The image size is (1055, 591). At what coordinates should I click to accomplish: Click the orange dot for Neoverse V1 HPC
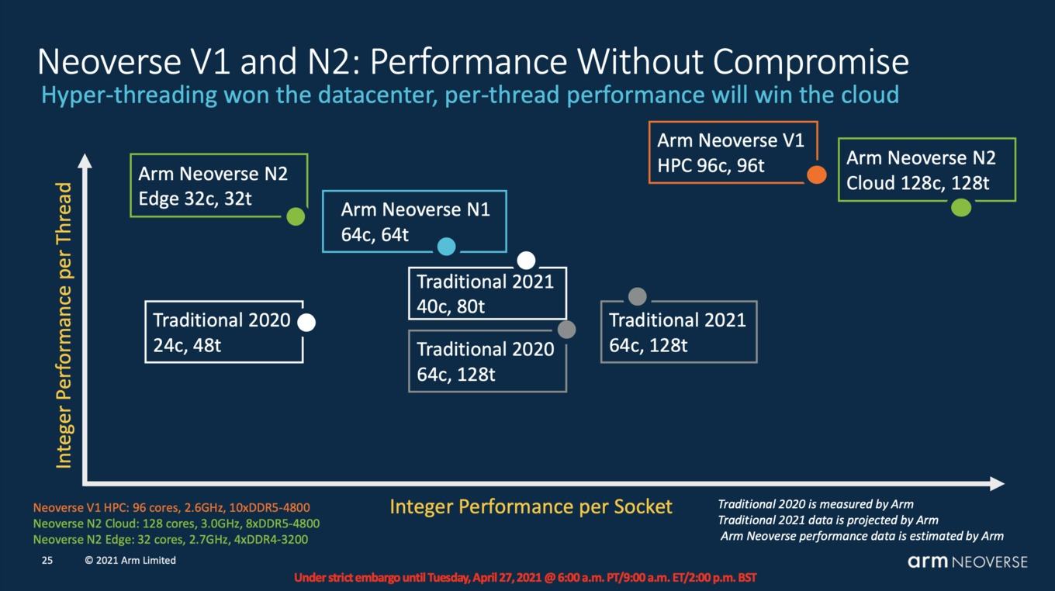tap(817, 175)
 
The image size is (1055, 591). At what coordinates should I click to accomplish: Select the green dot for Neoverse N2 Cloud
tap(961, 208)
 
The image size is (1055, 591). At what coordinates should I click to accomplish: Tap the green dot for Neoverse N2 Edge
tap(296, 216)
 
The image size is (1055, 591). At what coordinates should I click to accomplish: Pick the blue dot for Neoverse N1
tap(447, 247)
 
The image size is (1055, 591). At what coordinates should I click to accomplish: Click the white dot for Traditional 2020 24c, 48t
tap(306, 323)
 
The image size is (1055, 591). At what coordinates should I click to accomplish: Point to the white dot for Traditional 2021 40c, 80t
tap(526, 260)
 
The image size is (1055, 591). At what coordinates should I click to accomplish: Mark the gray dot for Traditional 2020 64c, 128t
tap(566, 330)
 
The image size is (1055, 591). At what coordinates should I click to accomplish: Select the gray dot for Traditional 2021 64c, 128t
tap(637, 297)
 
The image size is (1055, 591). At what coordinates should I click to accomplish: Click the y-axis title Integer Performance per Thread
tap(64, 326)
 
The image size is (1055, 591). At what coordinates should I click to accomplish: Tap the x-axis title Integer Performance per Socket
tap(531, 507)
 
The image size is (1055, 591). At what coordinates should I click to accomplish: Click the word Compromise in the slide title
tap(811, 62)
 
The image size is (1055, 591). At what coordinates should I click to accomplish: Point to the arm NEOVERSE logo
tap(967, 562)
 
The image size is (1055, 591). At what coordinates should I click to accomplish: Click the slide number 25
tap(47, 561)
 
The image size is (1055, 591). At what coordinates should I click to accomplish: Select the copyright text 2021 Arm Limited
tap(130, 561)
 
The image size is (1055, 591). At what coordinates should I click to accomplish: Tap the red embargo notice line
tap(525, 578)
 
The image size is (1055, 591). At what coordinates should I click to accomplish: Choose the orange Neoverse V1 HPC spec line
tap(171, 508)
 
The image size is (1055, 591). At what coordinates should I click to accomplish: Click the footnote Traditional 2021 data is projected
tap(828, 520)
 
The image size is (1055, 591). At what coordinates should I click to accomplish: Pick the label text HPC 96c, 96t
tap(711, 166)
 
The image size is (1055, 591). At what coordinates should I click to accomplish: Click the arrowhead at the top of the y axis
tap(85, 161)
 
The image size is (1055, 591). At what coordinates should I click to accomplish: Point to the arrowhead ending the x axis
tap(997, 484)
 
